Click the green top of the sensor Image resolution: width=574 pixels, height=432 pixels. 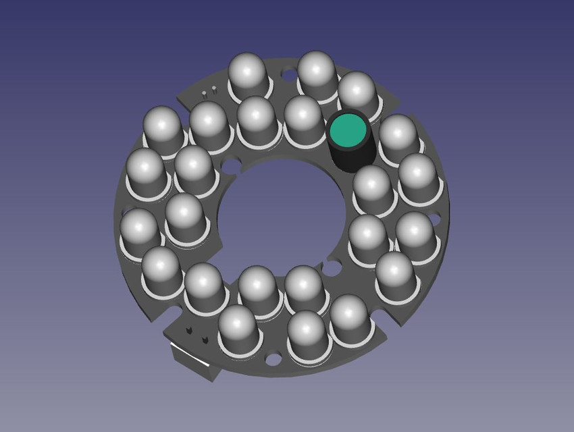click(347, 130)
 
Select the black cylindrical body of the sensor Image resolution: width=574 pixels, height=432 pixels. click(350, 157)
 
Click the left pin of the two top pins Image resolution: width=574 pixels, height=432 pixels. click(205, 91)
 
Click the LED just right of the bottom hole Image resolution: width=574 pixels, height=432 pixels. click(307, 335)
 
